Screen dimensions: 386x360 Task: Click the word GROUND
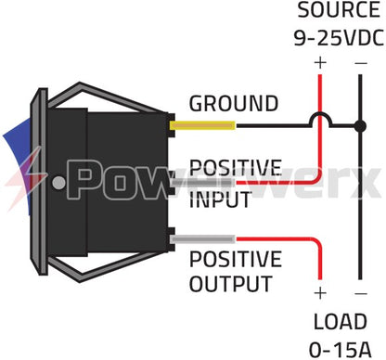click(x=233, y=103)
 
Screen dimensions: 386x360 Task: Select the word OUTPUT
click(x=231, y=283)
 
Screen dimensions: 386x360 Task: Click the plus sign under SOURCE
click(x=321, y=62)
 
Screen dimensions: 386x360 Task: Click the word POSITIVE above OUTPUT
click(x=235, y=259)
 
